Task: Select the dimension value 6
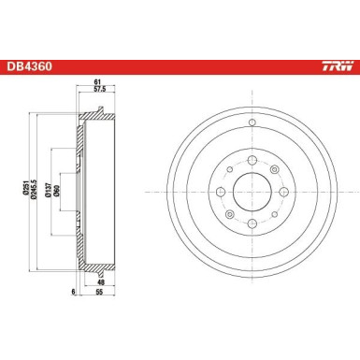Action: [68, 291]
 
